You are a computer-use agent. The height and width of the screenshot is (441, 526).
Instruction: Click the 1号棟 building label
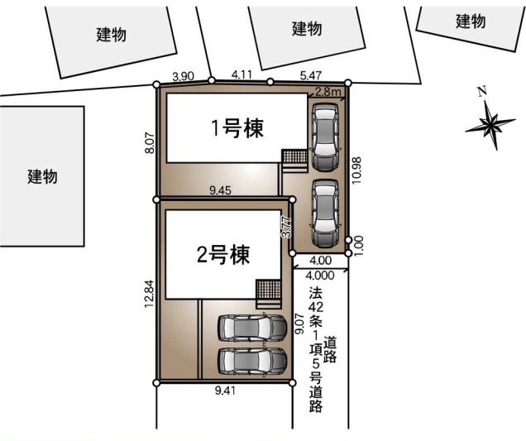pos(237,128)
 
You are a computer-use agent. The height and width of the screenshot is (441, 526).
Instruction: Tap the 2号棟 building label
pos(223,255)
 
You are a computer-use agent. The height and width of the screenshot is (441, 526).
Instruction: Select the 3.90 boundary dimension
pos(183,76)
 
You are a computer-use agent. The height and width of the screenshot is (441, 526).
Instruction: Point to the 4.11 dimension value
pos(241,74)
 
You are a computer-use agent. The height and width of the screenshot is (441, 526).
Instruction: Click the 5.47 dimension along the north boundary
pos(311,75)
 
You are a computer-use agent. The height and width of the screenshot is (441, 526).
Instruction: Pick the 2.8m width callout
pos(328,92)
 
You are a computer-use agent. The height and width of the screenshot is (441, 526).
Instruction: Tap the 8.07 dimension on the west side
pos(150,143)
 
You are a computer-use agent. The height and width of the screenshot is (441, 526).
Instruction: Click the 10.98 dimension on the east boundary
pos(357,170)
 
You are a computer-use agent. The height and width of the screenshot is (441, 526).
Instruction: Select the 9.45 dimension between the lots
pos(220,190)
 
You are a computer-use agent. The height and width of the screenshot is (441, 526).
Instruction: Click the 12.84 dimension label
pos(150,294)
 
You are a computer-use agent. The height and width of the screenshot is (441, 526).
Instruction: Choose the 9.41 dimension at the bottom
pos(225,391)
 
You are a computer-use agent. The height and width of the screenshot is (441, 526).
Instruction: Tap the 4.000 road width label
pos(320,276)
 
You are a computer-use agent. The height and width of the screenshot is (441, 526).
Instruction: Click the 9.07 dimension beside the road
pos(299,324)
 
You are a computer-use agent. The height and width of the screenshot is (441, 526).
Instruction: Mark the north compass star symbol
pos(490,125)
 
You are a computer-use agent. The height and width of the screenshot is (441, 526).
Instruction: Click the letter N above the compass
pos(482,91)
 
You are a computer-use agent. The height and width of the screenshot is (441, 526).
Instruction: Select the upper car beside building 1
pos(325,137)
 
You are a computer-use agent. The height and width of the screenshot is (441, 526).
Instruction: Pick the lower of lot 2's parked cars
pos(252,362)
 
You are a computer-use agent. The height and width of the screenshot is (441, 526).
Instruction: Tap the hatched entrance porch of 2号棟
pos(268,289)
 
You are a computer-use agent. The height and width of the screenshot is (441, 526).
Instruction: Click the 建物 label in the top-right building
pos(471,22)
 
